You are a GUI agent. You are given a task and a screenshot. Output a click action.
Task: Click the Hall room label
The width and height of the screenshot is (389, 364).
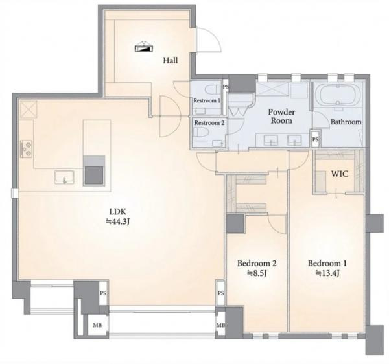171,60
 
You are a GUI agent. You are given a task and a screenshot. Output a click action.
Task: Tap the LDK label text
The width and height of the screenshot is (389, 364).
118,212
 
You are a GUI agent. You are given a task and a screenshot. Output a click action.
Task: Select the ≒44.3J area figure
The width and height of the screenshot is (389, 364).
118,222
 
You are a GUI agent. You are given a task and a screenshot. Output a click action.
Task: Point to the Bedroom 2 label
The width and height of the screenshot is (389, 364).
257,263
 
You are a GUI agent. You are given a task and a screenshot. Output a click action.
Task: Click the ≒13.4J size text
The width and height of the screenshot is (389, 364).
327,273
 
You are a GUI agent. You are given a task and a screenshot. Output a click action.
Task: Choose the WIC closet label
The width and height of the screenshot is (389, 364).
340,174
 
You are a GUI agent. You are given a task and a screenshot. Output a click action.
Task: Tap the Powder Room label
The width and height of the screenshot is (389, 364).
281,116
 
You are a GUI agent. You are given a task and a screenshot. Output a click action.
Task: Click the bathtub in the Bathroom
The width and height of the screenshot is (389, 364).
338,95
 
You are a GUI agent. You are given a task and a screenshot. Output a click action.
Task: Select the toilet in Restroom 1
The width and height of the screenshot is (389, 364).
213,89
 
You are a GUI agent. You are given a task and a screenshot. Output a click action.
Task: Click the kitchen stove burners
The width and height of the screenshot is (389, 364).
27,149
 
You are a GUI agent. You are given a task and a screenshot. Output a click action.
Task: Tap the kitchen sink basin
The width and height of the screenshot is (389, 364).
64,177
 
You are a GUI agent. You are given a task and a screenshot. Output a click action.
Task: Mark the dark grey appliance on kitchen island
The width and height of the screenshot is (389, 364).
94,170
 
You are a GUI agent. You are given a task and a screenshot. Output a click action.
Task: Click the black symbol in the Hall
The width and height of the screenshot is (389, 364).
144,47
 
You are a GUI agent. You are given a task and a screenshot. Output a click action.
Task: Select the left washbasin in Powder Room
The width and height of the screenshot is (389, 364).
270,141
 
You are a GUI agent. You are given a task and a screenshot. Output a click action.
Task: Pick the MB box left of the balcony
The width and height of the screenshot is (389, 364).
97,325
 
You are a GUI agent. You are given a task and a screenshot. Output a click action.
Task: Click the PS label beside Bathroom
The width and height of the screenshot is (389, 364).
315,139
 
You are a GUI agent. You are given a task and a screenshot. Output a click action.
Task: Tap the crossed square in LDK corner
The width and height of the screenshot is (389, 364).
28,109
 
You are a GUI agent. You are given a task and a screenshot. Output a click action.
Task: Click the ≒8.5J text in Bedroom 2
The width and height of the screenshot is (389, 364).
257,273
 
